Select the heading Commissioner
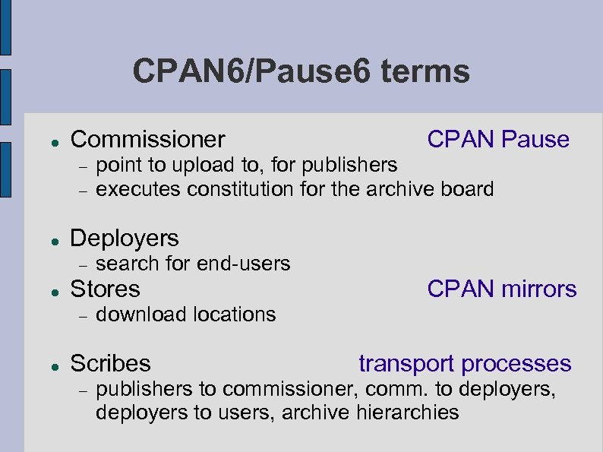(147, 140)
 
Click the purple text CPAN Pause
(498, 139)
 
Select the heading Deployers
(125, 239)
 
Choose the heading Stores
(105, 289)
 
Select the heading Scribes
(110, 364)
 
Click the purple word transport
(407, 364)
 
